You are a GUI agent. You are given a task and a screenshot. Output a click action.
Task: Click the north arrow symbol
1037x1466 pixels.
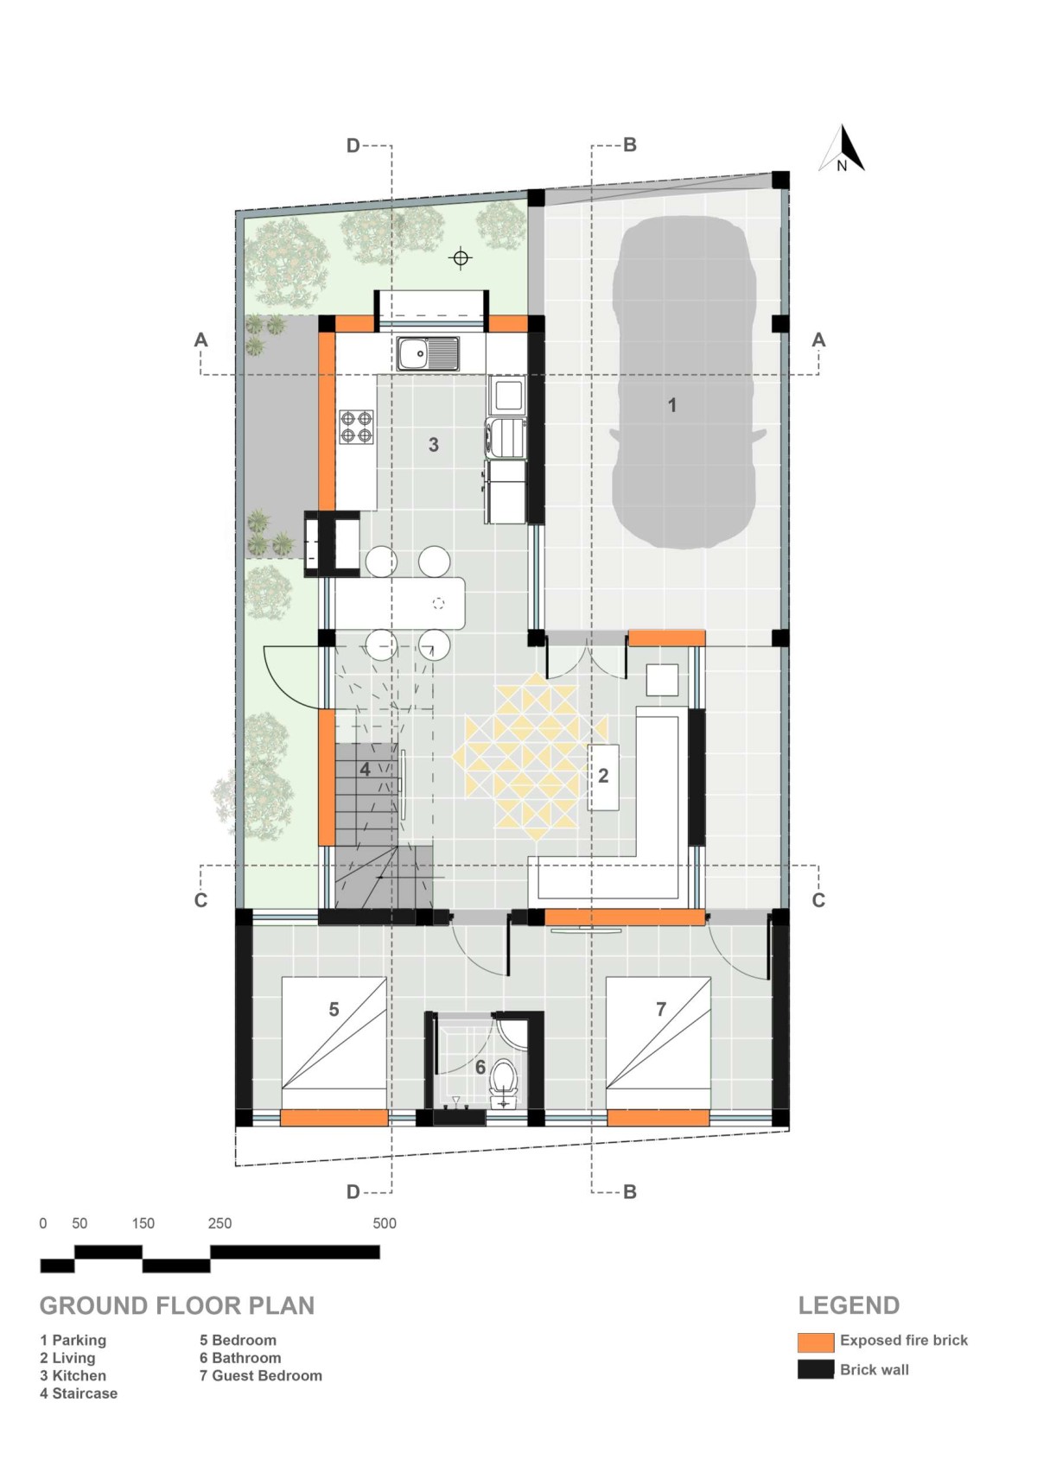pyautogui.click(x=842, y=149)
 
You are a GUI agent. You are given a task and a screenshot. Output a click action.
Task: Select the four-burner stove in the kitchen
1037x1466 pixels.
pyautogui.click(x=356, y=428)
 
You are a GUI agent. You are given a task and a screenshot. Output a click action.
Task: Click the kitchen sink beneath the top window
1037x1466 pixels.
pyautogui.click(x=428, y=354)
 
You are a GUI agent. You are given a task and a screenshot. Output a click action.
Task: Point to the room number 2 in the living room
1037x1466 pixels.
pyautogui.click(x=603, y=777)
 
